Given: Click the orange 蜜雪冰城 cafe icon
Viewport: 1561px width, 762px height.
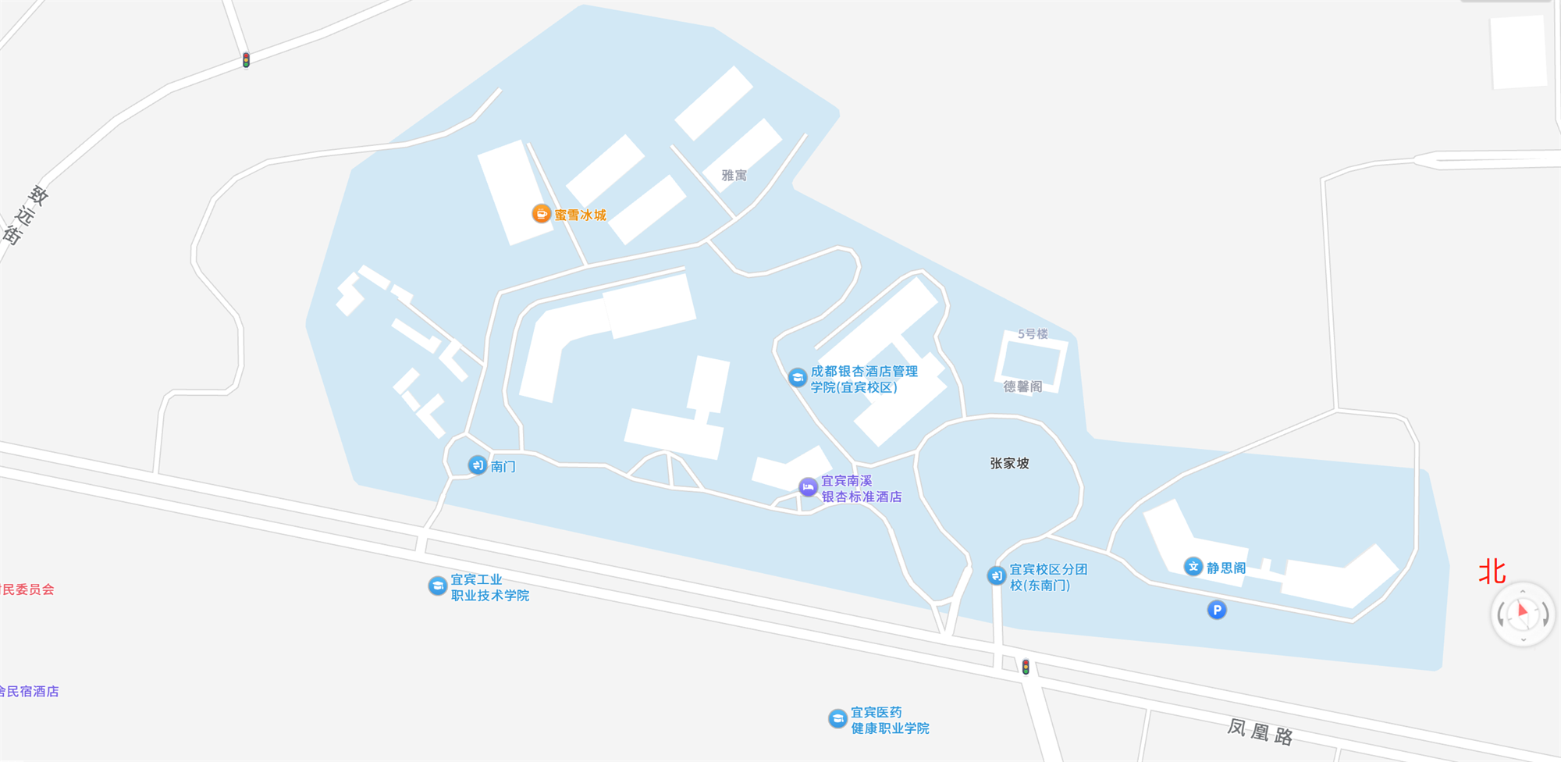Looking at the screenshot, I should (541, 213).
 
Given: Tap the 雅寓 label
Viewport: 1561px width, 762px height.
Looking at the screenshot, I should (734, 176).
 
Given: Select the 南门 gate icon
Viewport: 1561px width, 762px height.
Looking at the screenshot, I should (477, 465).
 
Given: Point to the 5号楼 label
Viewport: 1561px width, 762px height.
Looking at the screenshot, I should (1033, 334).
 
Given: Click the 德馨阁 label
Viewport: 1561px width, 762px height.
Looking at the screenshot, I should (1022, 386).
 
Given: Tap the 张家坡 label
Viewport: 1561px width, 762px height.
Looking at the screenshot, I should (1009, 463).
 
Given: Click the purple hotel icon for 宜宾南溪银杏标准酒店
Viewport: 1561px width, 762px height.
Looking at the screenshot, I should (808, 487).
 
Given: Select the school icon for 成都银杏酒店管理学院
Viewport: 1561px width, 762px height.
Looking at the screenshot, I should (797, 378).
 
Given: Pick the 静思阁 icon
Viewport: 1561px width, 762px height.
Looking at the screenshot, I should (1193, 567).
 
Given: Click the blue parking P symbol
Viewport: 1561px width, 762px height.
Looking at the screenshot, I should (1216, 610).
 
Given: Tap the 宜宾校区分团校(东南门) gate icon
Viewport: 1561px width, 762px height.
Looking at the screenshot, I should (996, 575).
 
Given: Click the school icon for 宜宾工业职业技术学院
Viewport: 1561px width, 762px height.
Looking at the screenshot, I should (437, 586).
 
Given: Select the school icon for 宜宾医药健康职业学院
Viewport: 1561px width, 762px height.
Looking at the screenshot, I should (837, 718).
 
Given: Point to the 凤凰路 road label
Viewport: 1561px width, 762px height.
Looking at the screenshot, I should (1260, 732).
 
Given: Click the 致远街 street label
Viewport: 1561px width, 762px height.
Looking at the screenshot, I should (24, 215).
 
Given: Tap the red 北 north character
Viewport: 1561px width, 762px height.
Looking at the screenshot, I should (1492, 571).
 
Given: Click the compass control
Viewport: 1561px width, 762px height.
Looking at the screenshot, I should (1522, 614).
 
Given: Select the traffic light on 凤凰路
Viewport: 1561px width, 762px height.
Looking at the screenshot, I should (1026, 667).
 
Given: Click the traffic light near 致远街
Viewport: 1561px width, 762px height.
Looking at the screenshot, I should (246, 60).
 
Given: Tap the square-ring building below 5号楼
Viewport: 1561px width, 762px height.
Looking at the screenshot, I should (1030, 360).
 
